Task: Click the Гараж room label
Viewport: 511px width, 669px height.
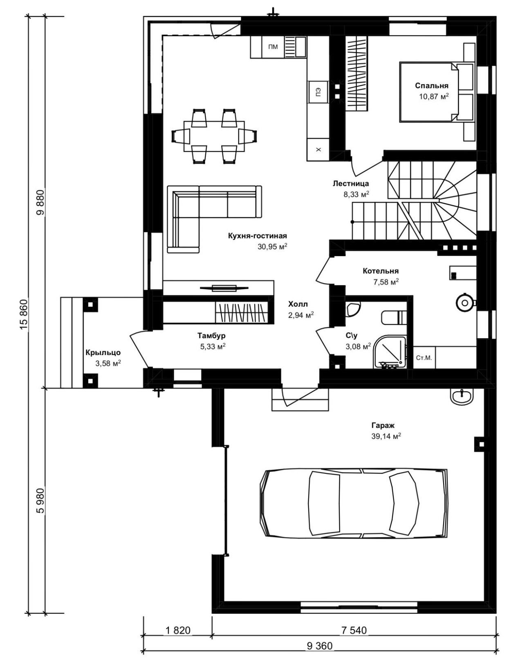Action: point(383,425)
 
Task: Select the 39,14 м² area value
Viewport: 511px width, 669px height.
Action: point(386,436)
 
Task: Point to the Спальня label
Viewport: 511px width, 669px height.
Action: point(432,86)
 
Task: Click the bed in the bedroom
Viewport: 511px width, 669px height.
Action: point(437,92)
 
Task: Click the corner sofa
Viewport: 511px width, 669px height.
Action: point(214,219)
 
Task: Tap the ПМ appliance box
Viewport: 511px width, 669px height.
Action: point(273,47)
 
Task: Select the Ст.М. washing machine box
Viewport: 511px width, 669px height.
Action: point(424,358)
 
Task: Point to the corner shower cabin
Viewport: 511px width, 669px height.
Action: point(390,352)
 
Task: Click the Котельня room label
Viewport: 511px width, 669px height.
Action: point(381,271)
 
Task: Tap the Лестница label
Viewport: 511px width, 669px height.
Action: point(351,183)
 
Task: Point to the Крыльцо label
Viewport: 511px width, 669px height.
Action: point(103,352)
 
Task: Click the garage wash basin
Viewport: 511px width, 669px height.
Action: point(462,397)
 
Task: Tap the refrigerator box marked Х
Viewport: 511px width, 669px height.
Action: point(318,149)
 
